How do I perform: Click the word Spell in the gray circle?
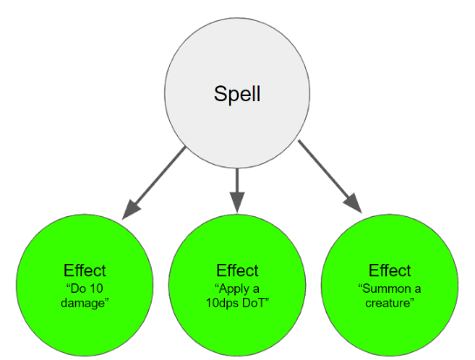pyautogui.click(x=237, y=94)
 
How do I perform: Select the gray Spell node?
pyautogui.click(x=237, y=93)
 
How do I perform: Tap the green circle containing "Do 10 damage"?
pyautogui.click(x=85, y=285)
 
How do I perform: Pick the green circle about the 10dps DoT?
pyautogui.click(x=237, y=285)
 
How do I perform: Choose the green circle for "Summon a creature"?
pyautogui.click(x=390, y=285)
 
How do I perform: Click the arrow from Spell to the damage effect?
pyautogui.click(x=153, y=183)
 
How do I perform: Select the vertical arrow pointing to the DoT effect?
pyautogui.click(x=237, y=190)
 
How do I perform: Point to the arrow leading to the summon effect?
pyautogui.click(x=330, y=177)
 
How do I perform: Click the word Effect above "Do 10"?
pyautogui.click(x=85, y=270)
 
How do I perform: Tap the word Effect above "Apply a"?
pyautogui.click(x=237, y=270)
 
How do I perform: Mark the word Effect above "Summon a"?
pyautogui.click(x=390, y=270)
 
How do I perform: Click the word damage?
pyautogui.click(x=83, y=303)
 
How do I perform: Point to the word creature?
pyautogui.click(x=388, y=303)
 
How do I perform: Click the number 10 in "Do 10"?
pyautogui.click(x=97, y=289)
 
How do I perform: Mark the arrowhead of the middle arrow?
pyautogui.click(x=237, y=202)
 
